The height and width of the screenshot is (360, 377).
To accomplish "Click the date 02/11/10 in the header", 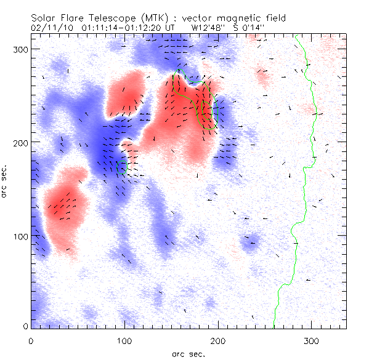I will pos(52,28).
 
